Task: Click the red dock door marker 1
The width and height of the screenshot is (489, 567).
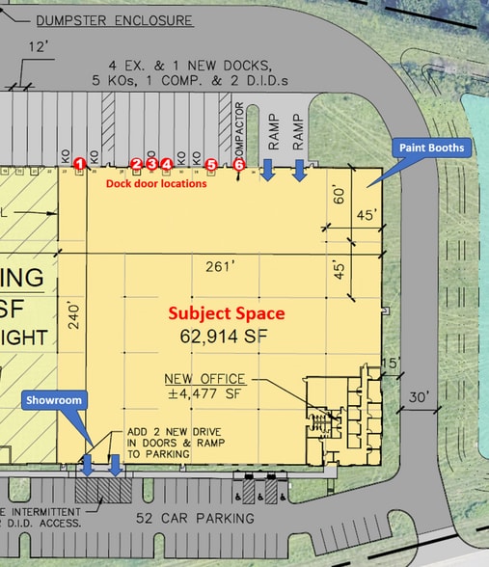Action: point(79,164)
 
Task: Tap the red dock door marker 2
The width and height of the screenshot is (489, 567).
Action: point(137,164)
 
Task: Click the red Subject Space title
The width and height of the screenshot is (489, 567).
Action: point(227,313)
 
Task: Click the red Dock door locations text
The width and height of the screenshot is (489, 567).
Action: point(156,183)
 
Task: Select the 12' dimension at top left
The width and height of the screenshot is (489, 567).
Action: point(39,45)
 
